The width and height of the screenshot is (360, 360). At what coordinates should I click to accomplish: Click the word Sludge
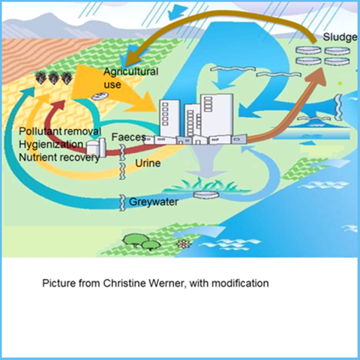340,37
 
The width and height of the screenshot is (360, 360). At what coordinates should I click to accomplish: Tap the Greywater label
154,202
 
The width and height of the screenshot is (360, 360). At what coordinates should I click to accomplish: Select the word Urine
148,163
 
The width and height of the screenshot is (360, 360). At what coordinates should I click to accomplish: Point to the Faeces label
128,137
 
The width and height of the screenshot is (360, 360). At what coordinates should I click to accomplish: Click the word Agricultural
131,72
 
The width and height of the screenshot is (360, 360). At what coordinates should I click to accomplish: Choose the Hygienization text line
51,145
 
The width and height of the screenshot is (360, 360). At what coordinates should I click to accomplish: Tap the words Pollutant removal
60,131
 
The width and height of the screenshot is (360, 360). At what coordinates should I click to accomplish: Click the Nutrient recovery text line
59,157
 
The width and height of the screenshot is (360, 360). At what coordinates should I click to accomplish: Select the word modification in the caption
240,283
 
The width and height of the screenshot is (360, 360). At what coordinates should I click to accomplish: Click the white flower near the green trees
184,244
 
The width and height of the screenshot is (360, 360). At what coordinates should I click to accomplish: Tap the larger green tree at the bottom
135,240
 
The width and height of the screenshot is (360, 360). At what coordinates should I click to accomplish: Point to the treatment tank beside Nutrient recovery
96,148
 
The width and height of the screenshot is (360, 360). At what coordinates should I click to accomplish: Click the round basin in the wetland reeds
206,195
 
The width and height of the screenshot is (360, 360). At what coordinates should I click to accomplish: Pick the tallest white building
217,115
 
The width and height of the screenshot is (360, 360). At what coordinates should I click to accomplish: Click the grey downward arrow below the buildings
207,162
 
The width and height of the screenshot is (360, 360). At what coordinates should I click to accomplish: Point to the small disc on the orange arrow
100,96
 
